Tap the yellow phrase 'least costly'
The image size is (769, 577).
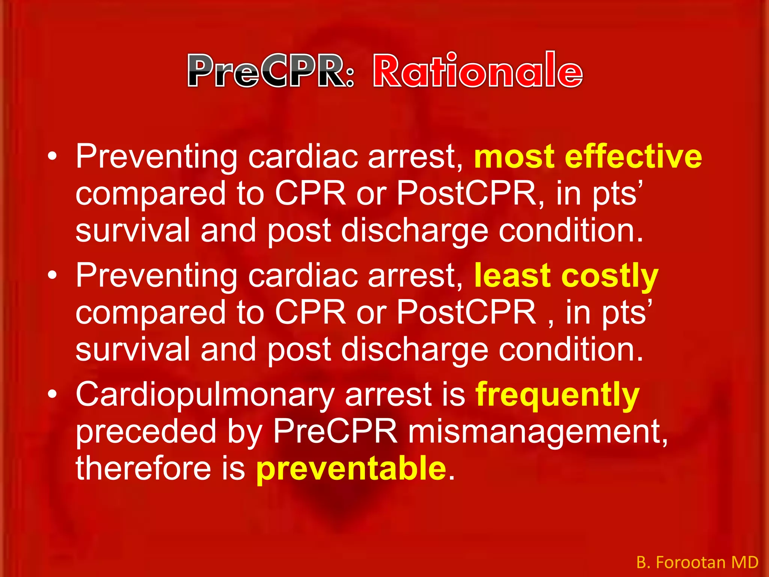(x=566, y=276)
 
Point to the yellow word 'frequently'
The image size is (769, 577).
(x=557, y=395)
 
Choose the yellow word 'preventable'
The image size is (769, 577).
(x=351, y=468)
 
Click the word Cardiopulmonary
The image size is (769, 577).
(x=205, y=395)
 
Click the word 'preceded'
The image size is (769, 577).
(x=146, y=432)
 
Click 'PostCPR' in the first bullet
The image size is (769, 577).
(x=466, y=194)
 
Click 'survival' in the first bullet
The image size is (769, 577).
(x=133, y=230)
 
